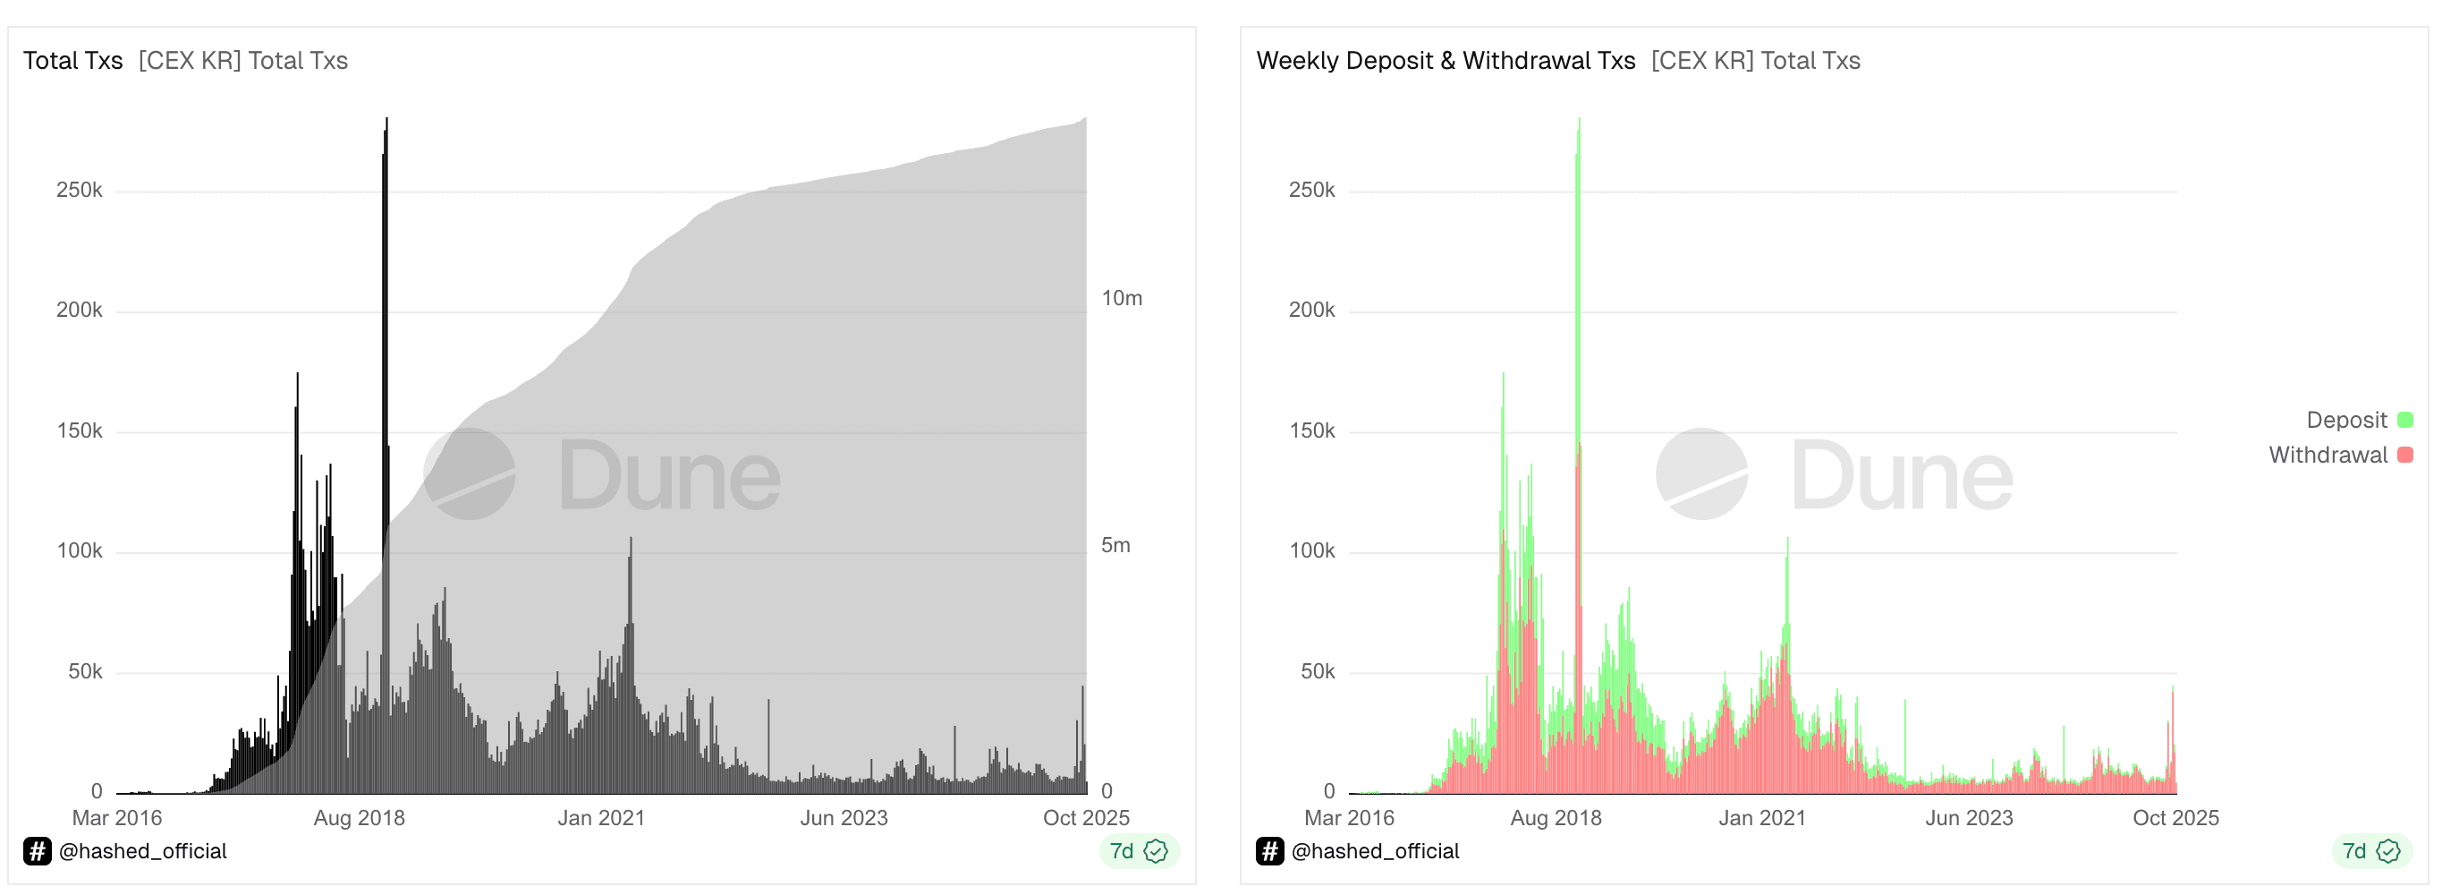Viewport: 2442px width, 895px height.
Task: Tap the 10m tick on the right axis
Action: (x=1122, y=299)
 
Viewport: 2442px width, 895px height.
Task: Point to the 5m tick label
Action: (x=1115, y=545)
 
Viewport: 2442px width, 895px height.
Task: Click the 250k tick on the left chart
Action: (x=80, y=191)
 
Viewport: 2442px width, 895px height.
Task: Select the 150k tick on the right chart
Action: (x=1311, y=431)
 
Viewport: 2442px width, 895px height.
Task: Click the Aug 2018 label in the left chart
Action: (x=360, y=818)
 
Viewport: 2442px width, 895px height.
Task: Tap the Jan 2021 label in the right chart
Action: (x=1762, y=818)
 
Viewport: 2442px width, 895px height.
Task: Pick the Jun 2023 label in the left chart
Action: (x=844, y=818)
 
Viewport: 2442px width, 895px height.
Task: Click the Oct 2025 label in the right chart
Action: (x=2175, y=818)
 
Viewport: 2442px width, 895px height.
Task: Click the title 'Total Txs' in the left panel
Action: (x=73, y=61)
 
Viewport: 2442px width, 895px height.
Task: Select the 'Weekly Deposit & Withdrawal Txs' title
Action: (x=1445, y=61)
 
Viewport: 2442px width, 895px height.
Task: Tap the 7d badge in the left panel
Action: (x=1139, y=851)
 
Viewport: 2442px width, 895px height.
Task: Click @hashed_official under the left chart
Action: (x=143, y=851)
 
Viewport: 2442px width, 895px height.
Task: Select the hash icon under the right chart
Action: (x=1269, y=851)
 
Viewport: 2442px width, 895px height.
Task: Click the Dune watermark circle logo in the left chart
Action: (x=470, y=474)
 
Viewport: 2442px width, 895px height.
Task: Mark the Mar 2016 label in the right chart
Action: (x=1349, y=818)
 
